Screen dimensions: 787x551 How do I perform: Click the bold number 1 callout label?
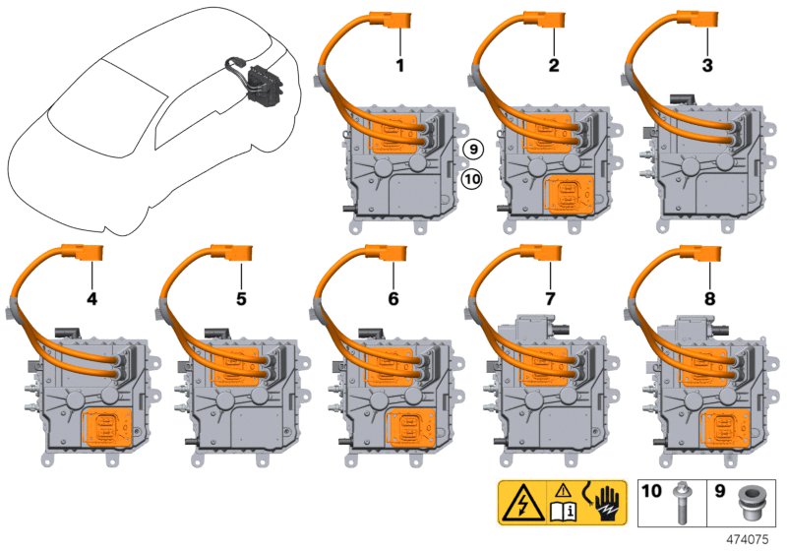[x=400, y=66]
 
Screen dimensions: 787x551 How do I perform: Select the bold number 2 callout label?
[x=554, y=66]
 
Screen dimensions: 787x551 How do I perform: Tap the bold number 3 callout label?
[x=707, y=66]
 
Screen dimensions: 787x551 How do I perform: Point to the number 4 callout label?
[x=91, y=299]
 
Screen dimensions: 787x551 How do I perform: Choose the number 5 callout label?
[x=241, y=299]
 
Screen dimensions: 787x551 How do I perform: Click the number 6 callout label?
[x=393, y=299]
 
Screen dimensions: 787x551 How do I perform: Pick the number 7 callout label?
[x=550, y=299]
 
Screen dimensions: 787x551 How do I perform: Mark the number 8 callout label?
[x=709, y=299]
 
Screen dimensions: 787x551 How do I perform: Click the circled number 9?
[x=473, y=149]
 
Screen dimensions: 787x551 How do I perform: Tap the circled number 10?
[x=472, y=179]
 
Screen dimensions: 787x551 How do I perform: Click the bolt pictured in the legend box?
[x=682, y=503]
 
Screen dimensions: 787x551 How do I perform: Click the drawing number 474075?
[x=748, y=539]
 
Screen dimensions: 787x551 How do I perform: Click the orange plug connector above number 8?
[x=700, y=254]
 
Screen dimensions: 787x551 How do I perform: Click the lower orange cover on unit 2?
[x=570, y=194]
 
